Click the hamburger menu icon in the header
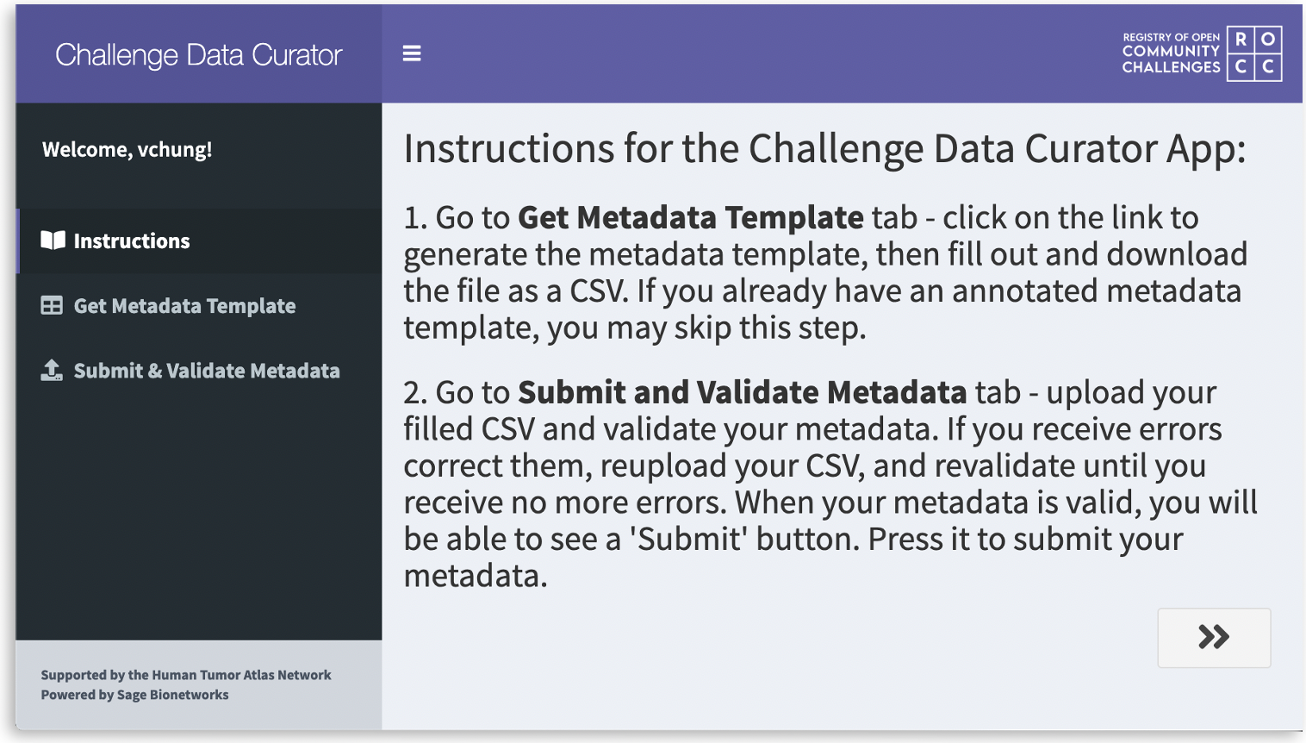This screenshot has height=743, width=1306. point(412,53)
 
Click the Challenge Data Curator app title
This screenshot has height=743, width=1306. point(199,55)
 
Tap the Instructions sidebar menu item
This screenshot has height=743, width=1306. point(131,241)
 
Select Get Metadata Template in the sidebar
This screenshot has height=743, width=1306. point(184,306)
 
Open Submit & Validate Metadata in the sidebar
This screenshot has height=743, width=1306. point(207,371)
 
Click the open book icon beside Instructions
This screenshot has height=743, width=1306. point(53,240)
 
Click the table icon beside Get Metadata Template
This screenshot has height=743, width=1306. point(52,306)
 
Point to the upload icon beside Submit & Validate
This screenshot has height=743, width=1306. point(52,371)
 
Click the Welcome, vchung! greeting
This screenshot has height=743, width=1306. point(127,150)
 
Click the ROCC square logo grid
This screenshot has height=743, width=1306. point(1254,53)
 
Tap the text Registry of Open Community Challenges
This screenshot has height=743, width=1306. point(1171,53)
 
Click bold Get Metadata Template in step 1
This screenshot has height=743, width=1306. point(690,218)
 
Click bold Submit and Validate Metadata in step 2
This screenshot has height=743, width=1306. point(742,393)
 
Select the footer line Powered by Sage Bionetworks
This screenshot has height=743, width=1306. point(134,695)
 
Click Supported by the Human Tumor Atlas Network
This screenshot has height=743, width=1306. point(185,675)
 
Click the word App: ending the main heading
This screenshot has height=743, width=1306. point(1206,149)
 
